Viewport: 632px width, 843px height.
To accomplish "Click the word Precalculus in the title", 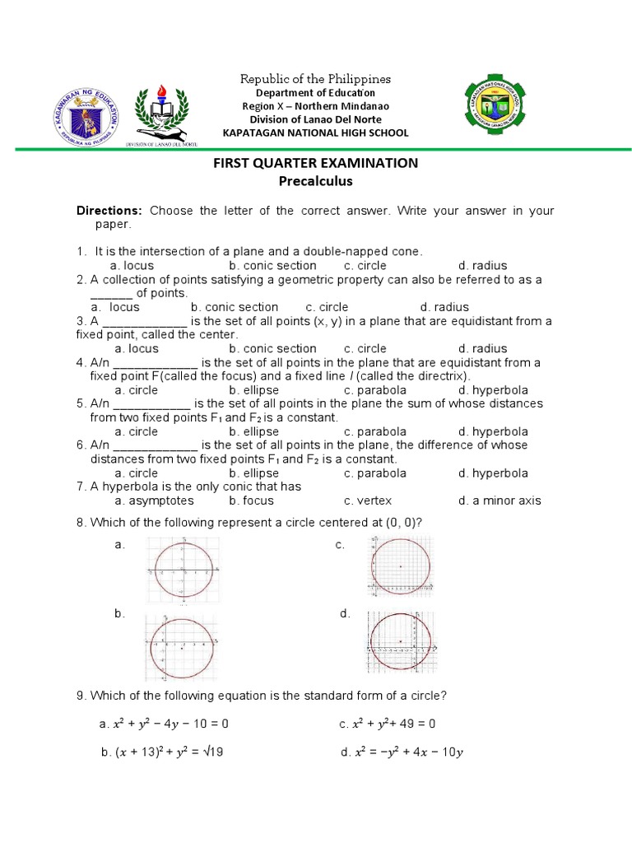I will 315,181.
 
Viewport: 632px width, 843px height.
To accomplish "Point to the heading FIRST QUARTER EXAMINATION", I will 315,163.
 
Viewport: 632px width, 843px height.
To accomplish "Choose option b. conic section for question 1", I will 272,265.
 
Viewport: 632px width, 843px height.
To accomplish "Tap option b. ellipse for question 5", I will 254,431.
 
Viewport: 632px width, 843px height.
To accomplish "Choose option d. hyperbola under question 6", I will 493,473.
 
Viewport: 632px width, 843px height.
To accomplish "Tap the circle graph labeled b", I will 182,647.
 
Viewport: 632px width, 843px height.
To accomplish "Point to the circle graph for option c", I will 401,566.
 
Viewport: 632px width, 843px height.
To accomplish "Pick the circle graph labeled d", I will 400,642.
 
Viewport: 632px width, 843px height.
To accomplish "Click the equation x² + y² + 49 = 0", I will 387,724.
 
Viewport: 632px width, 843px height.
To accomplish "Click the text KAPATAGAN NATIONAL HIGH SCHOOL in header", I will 316,133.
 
